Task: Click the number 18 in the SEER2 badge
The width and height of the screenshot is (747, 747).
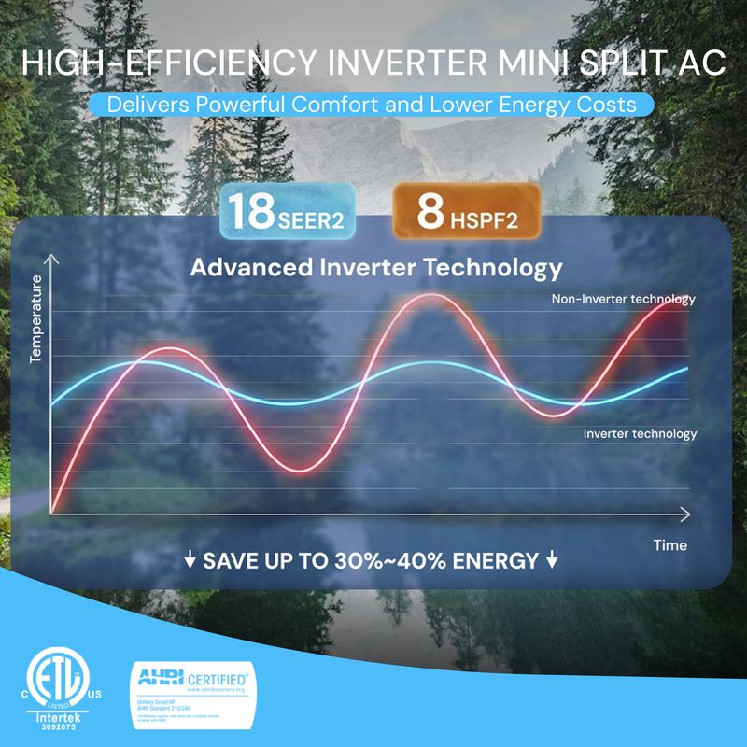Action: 250,212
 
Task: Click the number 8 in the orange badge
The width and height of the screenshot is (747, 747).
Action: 430,212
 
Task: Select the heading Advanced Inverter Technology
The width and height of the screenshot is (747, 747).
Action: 376,268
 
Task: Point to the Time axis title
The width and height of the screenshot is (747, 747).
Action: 670,544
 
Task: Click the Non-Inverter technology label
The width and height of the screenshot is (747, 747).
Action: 624,300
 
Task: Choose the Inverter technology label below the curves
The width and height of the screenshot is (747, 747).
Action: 640,433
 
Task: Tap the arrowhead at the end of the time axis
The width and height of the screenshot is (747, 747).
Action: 687,514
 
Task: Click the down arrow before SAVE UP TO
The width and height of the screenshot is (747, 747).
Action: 190,561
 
